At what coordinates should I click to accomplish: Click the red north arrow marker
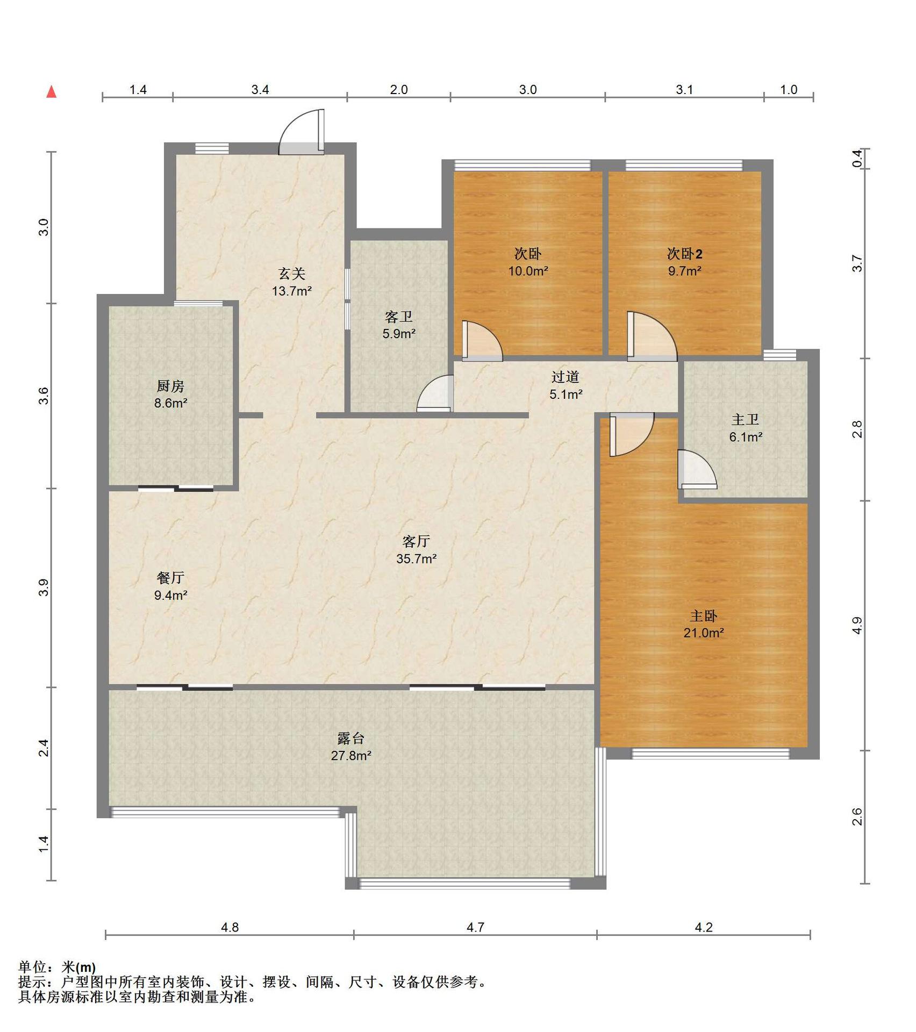point(52,92)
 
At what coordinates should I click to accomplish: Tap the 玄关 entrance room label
point(292,274)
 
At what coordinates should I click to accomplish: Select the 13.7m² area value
point(292,291)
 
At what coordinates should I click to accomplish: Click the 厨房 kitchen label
point(170,386)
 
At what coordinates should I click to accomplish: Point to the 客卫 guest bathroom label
point(399,317)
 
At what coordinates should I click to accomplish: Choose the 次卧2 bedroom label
point(685,253)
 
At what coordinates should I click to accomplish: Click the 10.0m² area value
point(528,271)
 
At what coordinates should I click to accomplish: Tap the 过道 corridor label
point(566,377)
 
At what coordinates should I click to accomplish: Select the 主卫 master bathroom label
point(746,419)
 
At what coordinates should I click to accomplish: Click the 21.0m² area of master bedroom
point(704,633)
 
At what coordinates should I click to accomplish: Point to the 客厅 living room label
point(417,541)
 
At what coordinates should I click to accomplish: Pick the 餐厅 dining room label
point(170,578)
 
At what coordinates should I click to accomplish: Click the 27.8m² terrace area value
point(351,756)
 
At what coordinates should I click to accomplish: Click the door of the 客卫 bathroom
point(435,394)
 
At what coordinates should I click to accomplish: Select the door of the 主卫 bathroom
point(697,469)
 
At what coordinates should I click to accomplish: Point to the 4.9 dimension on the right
point(857,625)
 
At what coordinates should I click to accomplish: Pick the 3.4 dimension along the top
point(260,90)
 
